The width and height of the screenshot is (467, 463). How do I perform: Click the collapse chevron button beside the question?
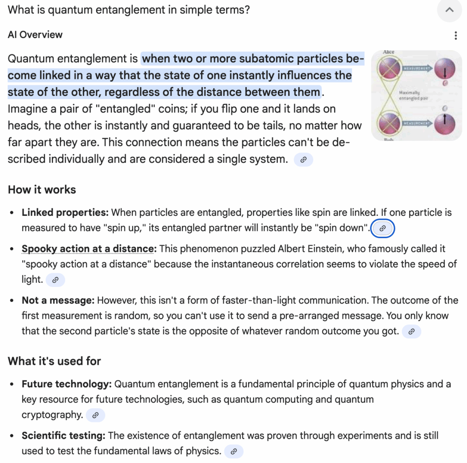450,10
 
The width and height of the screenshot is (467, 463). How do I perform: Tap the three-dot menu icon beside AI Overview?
456,36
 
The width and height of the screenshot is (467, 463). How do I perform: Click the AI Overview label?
35,35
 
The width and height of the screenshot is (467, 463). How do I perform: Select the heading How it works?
42,190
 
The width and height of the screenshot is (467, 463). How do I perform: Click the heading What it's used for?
54,361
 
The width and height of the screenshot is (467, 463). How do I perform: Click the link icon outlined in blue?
383,228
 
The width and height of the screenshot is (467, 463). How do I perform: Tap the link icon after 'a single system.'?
304,160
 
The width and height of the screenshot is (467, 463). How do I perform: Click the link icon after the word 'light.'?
56,280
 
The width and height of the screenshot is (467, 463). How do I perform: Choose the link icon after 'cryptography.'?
95,415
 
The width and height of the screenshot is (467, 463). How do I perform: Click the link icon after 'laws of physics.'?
234,452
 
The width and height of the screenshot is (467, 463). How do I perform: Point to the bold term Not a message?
58,300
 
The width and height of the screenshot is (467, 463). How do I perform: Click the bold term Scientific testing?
63,436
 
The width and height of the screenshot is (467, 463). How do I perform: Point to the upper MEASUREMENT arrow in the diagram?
415,68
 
